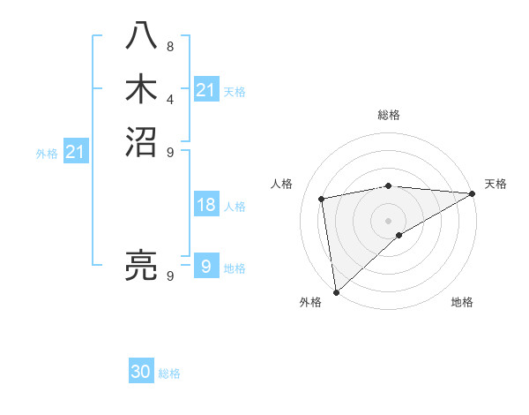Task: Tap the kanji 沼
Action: (142, 141)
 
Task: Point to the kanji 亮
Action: (142, 263)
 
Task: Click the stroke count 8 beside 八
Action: (169, 47)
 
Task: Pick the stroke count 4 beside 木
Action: (169, 100)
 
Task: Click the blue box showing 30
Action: (141, 372)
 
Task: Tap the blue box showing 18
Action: (206, 206)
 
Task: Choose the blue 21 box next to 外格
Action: (76, 153)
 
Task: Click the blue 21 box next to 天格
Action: (206, 90)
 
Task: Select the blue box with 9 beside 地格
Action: (206, 266)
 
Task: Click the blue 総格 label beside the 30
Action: (169, 373)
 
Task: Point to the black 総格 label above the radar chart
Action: (389, 115)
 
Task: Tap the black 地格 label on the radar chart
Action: (462, 303)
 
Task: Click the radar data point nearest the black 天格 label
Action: (473, 193)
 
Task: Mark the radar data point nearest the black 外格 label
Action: (336, 292)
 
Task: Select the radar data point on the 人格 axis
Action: (323, 199)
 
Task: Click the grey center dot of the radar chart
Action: (389, 220)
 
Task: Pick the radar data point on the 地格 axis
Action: (399, 235)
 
